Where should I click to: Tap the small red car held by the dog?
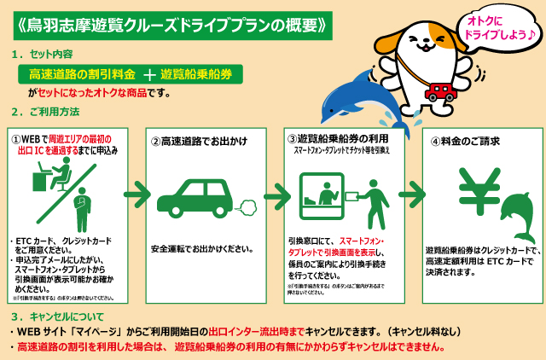[x=442, y=90]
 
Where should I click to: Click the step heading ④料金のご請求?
[x=466, y=141]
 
